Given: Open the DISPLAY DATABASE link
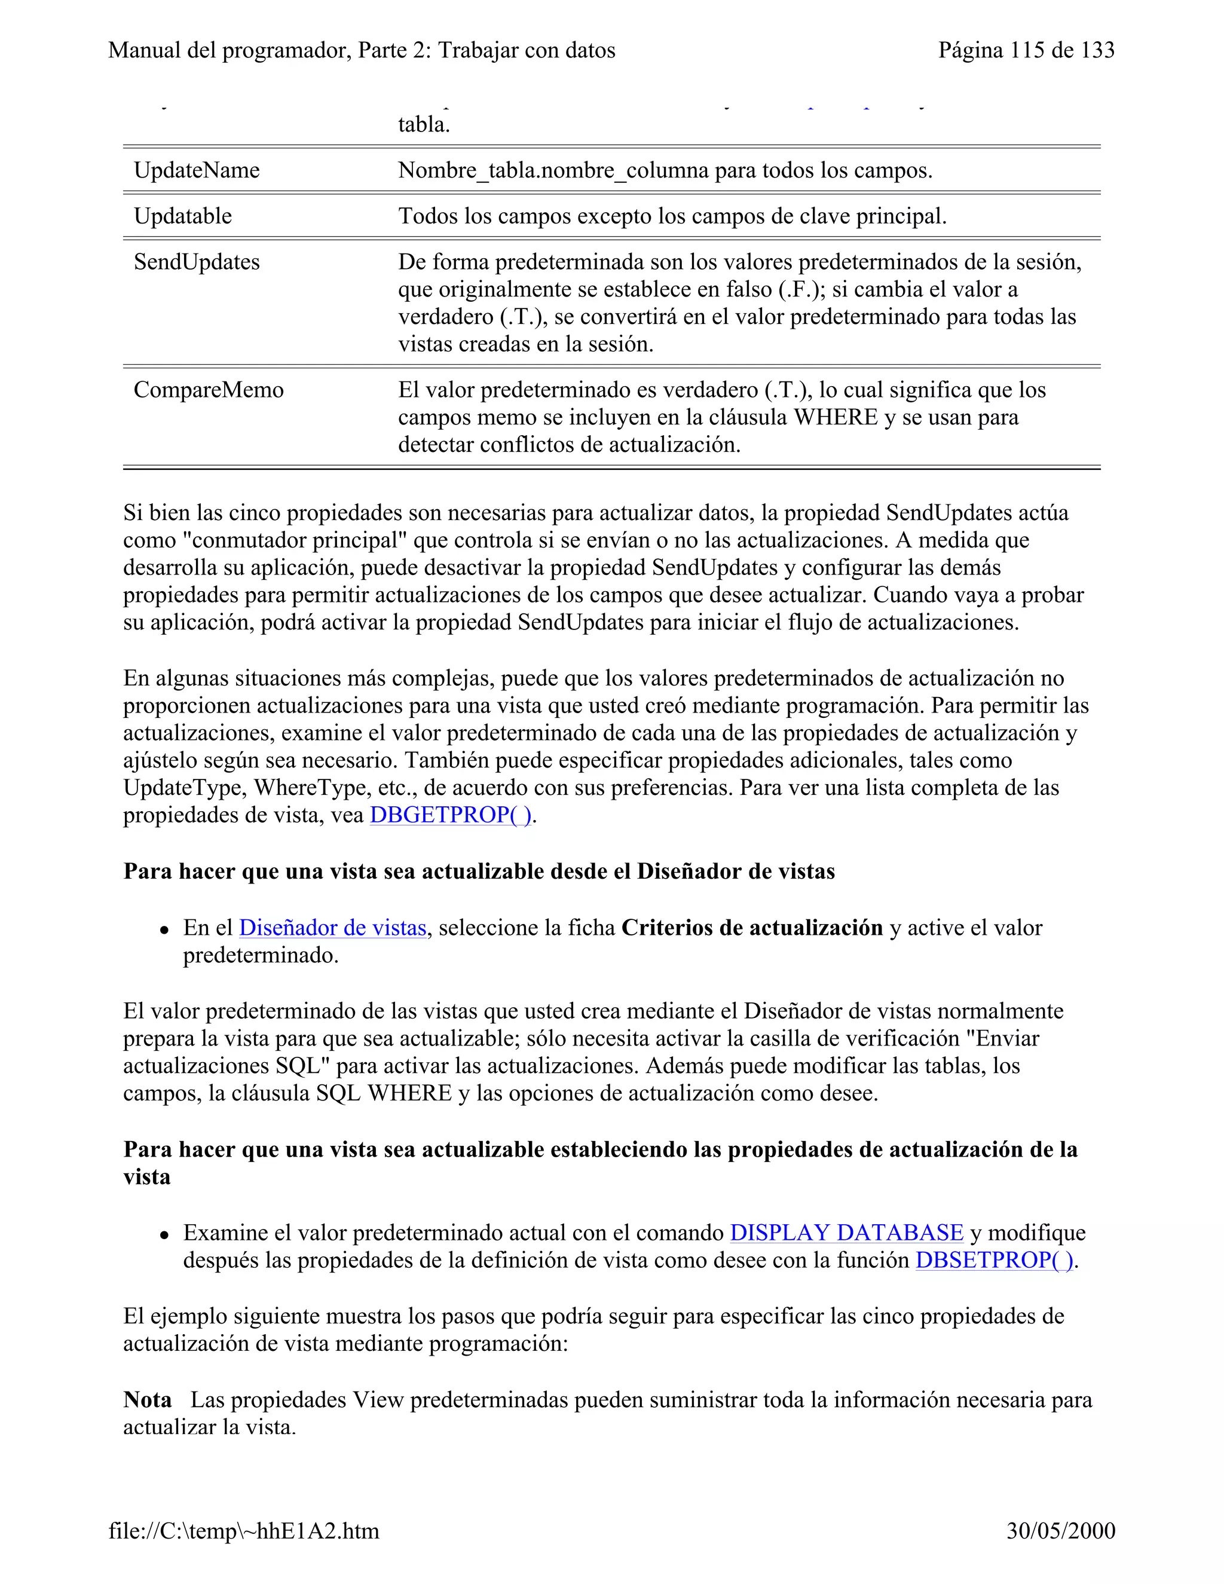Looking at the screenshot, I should coord(846,1233).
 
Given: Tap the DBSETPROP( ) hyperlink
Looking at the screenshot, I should coord(994,1261).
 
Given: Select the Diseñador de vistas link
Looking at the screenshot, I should coord(332,928).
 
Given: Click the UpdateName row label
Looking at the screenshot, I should coord(197,170).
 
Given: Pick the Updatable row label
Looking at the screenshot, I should coord(183,216).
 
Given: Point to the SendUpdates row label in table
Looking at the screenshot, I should coord(197,262).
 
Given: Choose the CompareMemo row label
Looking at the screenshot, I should coord(208,390).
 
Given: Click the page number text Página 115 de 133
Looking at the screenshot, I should coord(1026,50).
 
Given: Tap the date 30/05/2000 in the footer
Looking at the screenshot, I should coord(1060,1531).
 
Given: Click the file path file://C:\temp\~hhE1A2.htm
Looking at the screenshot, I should coord(244,1531).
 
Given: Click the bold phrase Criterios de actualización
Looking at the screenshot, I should coord(752,928).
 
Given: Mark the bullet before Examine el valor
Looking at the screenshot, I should coord(166,1234).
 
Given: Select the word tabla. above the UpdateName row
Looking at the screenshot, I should coord(424,125).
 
